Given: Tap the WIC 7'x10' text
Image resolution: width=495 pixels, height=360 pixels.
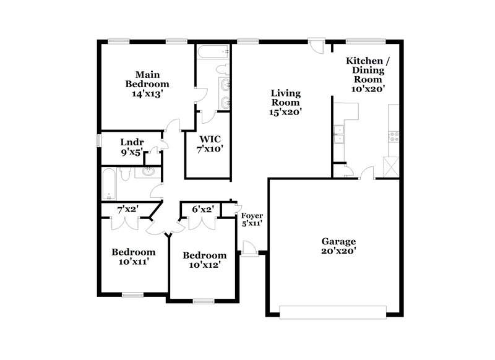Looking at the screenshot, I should click(x=210, y=144).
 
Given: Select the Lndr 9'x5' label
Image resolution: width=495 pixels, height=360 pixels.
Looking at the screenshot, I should click(x=132, y=147).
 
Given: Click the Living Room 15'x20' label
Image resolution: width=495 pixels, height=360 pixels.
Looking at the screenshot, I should click(x=285, y=103).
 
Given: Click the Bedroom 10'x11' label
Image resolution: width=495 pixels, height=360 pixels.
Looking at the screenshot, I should click(x=133, y=256).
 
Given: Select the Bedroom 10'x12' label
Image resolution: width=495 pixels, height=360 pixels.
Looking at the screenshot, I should click(x=204, y=260).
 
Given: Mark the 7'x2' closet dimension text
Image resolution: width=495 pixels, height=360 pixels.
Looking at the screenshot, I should click(x=128, y=210).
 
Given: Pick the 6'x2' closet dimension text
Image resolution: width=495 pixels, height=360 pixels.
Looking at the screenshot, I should click(x=202, y=210).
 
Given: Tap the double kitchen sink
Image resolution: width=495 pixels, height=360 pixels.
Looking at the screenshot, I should click(x=339, y=134).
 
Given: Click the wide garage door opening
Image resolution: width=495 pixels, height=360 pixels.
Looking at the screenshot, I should click(x=335, y=311).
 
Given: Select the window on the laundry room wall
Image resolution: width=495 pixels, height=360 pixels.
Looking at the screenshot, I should click(x=98, y=140).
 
